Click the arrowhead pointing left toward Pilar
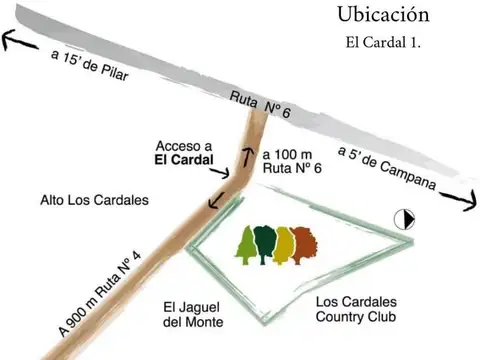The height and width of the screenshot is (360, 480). pyautogui.click(x=11, y=39)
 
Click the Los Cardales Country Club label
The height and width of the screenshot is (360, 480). pyautogui.click(x=356, y=309)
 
